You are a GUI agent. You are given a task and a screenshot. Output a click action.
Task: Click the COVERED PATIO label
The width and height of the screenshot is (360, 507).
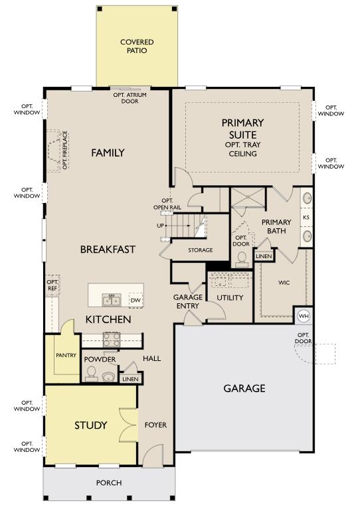137,46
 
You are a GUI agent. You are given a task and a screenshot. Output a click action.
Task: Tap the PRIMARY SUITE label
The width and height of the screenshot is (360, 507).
243,128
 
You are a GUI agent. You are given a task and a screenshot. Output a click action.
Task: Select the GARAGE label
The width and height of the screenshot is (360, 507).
244,388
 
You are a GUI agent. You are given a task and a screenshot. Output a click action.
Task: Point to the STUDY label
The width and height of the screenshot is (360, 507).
90,425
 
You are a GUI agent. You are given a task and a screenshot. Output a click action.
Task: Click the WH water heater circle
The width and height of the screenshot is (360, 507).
304,316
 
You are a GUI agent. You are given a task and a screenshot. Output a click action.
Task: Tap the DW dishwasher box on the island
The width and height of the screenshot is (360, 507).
135,301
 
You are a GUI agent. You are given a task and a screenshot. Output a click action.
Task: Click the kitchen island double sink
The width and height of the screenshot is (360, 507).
112,300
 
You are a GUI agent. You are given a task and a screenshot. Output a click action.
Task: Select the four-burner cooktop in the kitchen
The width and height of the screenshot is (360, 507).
112,339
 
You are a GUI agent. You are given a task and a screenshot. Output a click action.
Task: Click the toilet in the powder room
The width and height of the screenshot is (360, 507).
91,374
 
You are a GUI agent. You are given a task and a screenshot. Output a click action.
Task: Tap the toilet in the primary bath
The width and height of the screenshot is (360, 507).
242,259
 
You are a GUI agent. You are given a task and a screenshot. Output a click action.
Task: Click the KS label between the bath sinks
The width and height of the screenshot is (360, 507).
306,217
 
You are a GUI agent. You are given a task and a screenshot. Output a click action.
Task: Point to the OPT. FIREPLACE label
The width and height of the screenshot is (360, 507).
65,150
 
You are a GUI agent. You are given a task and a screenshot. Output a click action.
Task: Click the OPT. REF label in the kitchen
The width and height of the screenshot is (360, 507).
52,285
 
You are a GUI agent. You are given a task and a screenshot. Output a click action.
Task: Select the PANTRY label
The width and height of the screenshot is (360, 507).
66,355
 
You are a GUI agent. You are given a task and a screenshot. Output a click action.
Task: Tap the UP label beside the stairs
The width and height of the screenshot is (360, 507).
161,226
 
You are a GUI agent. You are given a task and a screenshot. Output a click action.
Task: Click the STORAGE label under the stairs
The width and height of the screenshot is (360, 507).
201,250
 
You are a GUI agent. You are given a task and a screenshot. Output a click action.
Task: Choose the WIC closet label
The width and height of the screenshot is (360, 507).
284,283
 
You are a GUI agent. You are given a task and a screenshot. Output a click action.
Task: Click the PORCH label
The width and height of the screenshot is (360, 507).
109,482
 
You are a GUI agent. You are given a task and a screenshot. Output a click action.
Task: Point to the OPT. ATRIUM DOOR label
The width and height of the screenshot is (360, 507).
130,98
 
